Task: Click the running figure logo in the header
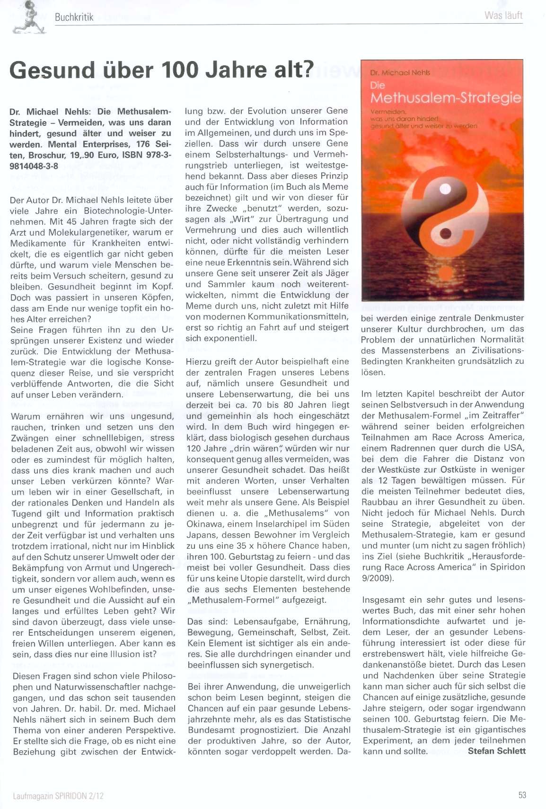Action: pos(28,18)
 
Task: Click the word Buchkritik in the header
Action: pos(74,18)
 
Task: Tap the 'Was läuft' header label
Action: pos(503,15)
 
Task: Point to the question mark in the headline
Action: pos(308,70)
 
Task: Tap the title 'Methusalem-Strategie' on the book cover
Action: pos(446,98)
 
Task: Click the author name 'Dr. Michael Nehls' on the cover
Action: pos(400,72)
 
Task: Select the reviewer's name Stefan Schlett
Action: pos(496,751)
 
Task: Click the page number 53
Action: pos(522,795)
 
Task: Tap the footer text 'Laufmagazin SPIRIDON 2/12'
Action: pos(58,796)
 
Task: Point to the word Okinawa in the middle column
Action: pos(204,524)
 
